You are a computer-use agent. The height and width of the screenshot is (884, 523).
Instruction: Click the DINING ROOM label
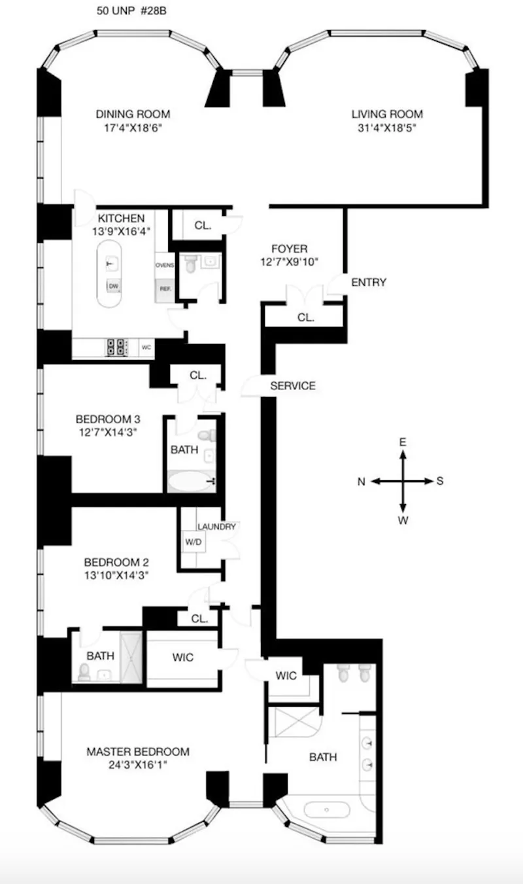point(133,114)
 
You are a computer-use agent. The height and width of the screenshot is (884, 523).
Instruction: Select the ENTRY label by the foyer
point(369,283)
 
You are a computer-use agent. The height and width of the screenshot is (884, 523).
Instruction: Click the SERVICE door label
point(293,386)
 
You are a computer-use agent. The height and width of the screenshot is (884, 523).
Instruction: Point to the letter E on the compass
point(403,443)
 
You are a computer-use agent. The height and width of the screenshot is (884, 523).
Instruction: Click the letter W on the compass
point(403,520)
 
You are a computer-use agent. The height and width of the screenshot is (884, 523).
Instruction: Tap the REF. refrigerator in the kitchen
point(164,288)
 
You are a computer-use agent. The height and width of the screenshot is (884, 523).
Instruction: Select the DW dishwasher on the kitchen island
point(113,286)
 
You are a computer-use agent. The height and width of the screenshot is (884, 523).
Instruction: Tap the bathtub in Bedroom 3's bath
point(190,482)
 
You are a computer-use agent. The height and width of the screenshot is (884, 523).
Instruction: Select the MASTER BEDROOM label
point(138,752)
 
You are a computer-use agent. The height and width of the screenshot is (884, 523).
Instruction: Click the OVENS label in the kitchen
point(164,265)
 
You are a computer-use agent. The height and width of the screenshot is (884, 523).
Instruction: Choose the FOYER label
point(289,249)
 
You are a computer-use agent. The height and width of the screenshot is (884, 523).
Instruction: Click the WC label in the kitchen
point(146,347)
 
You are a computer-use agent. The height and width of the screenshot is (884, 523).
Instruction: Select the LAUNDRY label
point(216,526)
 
